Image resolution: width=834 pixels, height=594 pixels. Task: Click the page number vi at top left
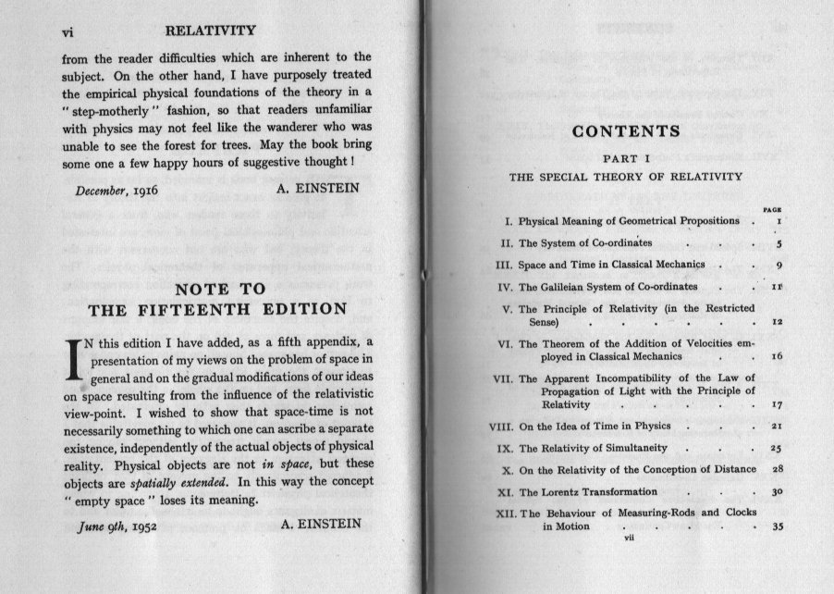pos(67,31)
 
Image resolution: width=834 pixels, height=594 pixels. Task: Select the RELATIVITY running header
pos(216,31)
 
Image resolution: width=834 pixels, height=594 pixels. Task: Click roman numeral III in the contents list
pos(505,265)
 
